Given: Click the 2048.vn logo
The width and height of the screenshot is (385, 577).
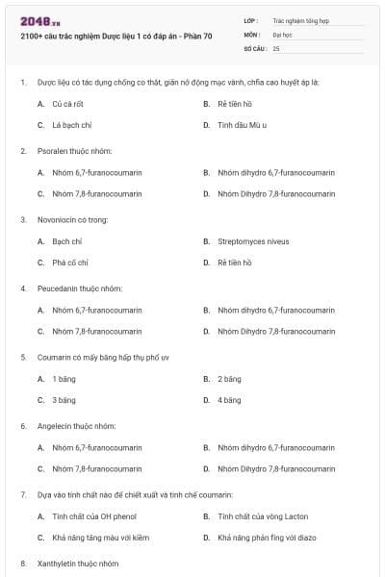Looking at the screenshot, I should coord(34,20).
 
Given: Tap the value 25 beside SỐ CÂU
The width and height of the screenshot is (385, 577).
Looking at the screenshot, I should coord(277,47).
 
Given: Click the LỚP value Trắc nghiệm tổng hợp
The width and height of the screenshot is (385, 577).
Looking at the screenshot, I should coord(299,19).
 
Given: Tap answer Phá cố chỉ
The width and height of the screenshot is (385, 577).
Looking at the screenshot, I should coord(69,263).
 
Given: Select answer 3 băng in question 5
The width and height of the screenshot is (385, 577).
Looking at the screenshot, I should coord(64,400).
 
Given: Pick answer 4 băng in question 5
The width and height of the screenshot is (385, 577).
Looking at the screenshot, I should coord(229,400).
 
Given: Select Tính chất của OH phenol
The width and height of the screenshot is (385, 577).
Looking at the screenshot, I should coord(92,516).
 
